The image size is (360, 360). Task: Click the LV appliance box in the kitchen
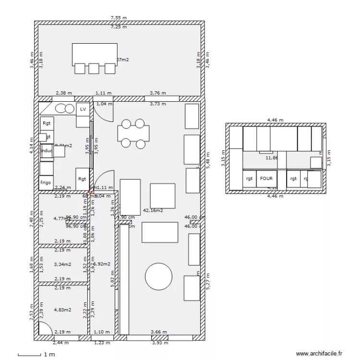(83, 109)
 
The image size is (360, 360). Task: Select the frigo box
(47, 183)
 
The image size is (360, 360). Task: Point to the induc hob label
(47, 151)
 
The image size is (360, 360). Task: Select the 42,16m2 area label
(153, 210)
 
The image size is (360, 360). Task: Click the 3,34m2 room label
(62, 264)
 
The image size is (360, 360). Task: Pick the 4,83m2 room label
(62, 310)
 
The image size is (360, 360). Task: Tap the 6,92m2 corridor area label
(102, 264)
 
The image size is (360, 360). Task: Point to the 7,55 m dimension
(119, 18)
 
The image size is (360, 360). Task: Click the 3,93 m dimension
(160, 343)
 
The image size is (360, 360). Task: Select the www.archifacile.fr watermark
(319, 354)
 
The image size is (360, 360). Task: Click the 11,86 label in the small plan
(272, 157)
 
